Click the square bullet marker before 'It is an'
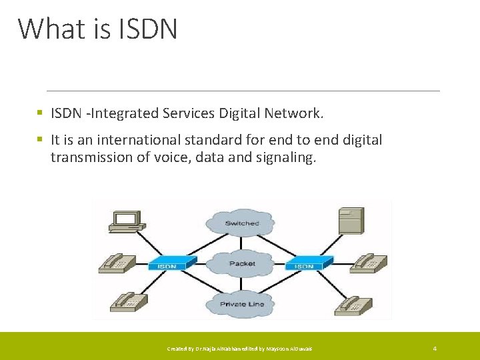pyautogui.click(x=41, y=140)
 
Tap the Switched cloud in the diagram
pyautogui.click(x=241, y=223)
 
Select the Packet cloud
pyautogui.click(x=241, y=263)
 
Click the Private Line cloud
pyautogui.click(x=241, y=304)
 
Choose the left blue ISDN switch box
pyautogui.click(x=167, y=263)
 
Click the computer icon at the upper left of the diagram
pyautogui.click(x=126, y=221)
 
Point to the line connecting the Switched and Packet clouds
pyautogui.click(x=241, y=244)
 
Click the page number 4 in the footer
pyautogui.click(x=435, y=349)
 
